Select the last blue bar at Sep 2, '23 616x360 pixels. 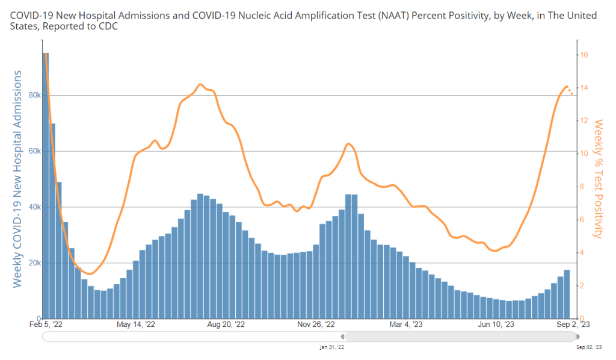coord(567,294)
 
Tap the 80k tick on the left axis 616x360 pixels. coord(34,95)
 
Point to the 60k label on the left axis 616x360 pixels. coord(34,151)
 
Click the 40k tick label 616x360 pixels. coord(34,207)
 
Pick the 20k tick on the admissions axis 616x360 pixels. coord(34,263)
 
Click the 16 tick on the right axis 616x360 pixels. coord(584,55)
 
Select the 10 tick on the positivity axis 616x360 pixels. coord(584,154)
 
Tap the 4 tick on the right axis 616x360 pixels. coord(583,253)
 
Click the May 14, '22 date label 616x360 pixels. coord(135,324)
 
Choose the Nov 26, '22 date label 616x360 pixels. coord(315,324)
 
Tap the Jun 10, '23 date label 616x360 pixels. coord(496,324)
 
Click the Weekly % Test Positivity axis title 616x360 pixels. coord(598,178)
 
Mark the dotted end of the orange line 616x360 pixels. coord(570,91)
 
